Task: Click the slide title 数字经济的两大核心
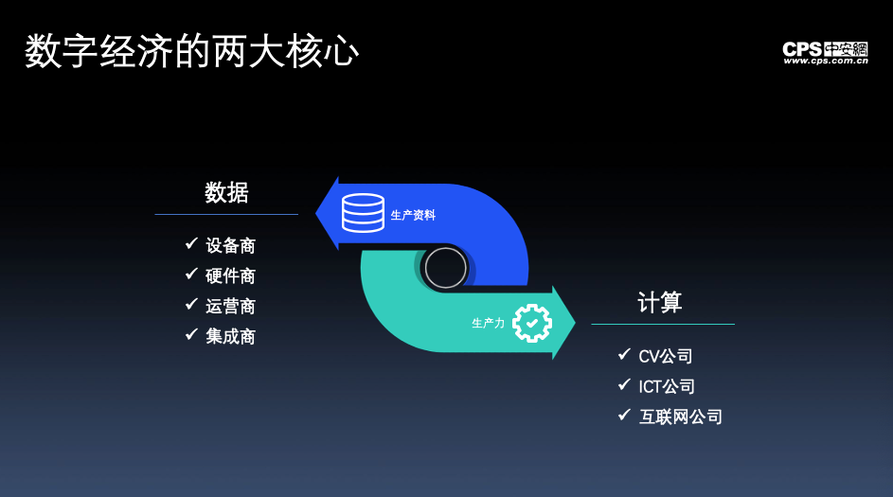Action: (x=191, y=51)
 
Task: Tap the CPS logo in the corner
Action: (x=825, y=52)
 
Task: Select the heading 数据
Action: (x=226, y=192)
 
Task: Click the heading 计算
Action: (x=659, y=302)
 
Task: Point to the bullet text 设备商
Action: (x=231, y=245)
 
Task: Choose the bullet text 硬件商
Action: (x=231, y=275)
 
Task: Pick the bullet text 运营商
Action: (x=231, y=307)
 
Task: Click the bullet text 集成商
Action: (x=231, y=336)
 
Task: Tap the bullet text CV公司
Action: (x=665, y=356)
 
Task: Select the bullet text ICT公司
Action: (x=667, y=386)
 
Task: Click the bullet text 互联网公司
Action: (x=681, y=417)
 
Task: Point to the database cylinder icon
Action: (x=363, y=213)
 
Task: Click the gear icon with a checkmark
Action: (x=532, y=324)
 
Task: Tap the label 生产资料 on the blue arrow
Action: (x=413, y=215)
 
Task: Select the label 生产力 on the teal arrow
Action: (x=488, y=324)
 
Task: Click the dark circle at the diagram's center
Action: (x=445, y=268)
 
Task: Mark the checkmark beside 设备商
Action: (x=191, y=243)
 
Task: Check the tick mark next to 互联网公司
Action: (x=624, y=415)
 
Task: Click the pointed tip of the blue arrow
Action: (x=316, y=214)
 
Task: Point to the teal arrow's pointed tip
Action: (x=575, y=323)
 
